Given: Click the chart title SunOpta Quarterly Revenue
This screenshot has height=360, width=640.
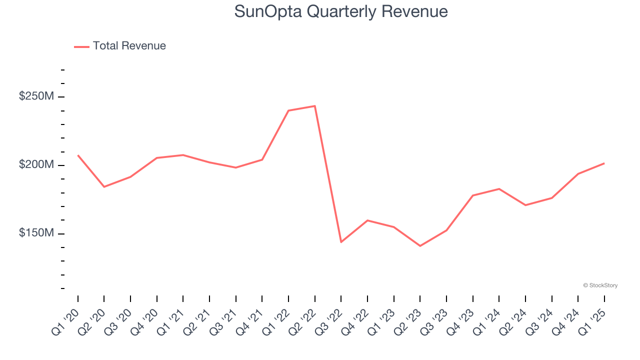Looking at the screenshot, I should (341, 11).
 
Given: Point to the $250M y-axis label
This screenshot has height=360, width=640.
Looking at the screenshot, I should (36, 96).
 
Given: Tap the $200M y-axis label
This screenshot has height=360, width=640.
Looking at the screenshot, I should (36, 164).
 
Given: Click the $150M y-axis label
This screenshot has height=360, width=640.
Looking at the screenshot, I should (36, 233).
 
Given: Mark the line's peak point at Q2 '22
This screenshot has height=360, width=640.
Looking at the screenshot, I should (314, 106).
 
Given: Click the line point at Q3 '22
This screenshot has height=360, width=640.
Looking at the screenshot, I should (341, 242).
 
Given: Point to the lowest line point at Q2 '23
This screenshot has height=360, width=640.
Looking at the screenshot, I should (420, 246).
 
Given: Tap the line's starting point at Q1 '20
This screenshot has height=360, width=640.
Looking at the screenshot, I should (78, 155).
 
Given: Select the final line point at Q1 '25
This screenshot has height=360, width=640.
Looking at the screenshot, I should (604, 163).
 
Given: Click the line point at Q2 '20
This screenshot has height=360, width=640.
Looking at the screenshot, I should (104, 187).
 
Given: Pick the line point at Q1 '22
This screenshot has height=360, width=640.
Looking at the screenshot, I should (288, 110).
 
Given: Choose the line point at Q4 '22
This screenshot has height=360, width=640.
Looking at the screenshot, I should (367, 220).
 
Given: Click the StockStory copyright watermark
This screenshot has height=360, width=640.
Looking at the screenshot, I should (600, 285).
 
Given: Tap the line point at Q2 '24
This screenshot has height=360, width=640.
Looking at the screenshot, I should (525, 205).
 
